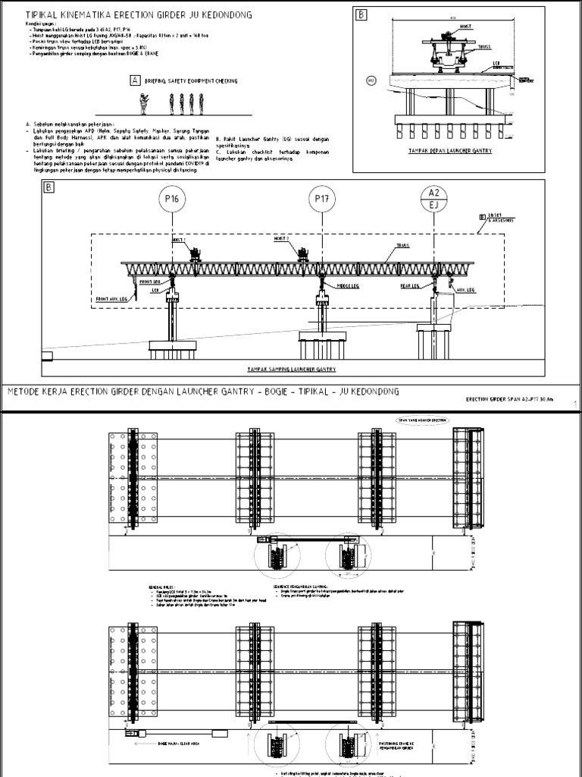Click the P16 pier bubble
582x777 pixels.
[x=173, y=200]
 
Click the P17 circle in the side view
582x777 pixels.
[x=323, y=200]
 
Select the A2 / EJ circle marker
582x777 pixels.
[x=434, y=199]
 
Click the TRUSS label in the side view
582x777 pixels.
[x=402, y=246]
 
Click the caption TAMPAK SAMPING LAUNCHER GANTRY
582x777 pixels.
[x=291, y=369]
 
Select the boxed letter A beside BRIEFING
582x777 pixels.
[x=135, y=80]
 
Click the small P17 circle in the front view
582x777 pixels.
[x=371, y=78]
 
